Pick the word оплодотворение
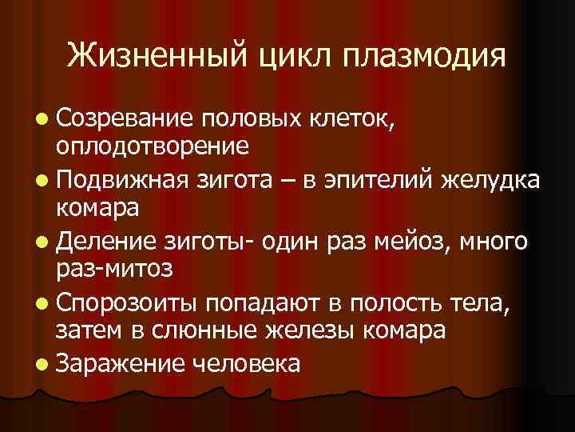[152, 146]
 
